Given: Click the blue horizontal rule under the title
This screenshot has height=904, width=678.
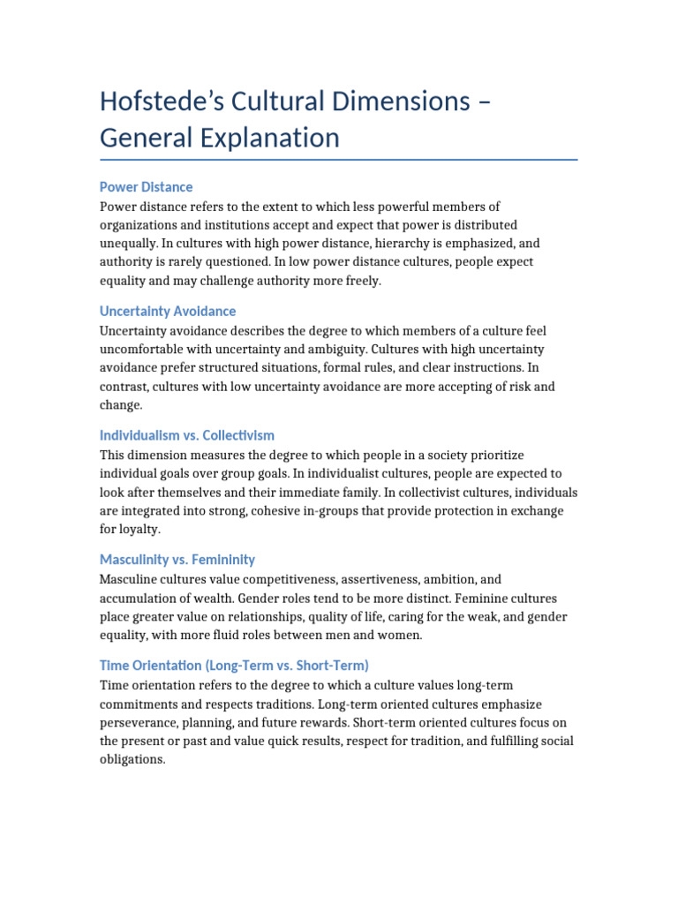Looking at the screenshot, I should tap(339, 160).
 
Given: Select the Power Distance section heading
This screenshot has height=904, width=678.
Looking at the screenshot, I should tap(146, 187).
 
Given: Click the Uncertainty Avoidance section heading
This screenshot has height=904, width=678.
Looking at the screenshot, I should tap(168, 311).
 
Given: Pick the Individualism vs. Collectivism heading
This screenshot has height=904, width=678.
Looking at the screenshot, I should tap(187, 435).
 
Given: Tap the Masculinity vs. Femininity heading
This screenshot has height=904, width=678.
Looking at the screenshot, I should tap(177, 559).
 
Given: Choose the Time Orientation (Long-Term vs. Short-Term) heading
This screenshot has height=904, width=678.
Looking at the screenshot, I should tap(234, 665).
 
